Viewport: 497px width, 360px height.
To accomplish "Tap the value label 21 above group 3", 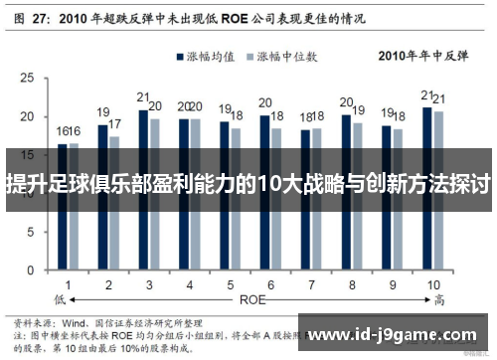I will point(143,97).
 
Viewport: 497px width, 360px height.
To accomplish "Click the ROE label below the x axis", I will point(250,298).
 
